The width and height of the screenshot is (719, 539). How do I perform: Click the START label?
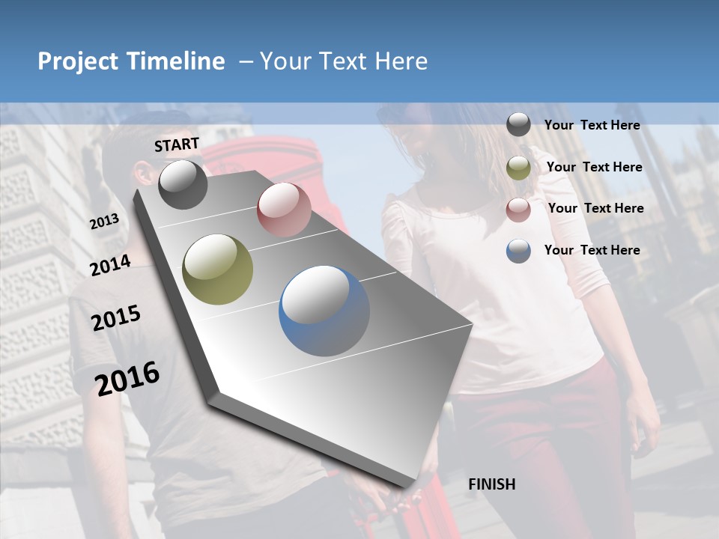coord(177,144)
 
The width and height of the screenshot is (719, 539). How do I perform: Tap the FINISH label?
coord(492,484)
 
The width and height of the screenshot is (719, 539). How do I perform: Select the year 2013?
coord(104,222)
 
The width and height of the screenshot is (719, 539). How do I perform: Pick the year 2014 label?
coord(110,266)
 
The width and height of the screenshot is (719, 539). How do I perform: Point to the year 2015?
coord(116,318)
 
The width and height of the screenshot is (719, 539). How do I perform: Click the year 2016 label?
coord(127,378)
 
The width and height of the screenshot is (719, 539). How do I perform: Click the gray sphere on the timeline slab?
coord(183,184)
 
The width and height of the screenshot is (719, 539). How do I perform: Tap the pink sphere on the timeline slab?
coord(284,210)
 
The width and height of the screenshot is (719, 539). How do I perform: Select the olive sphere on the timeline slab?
coord(218,269)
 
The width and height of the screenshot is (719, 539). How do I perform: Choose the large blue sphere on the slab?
coord(324,311)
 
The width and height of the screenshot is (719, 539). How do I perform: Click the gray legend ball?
coord(518,124)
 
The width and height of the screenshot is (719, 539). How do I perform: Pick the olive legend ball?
coord(518,168)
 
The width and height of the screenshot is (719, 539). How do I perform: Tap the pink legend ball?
coord(518,210)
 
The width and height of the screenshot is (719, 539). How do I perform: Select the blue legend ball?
coord(518,251)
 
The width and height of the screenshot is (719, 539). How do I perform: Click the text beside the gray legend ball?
coord(592,126)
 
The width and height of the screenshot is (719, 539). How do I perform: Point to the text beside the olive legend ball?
coord(594,167)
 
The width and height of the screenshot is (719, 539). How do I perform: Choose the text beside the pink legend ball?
coord(595,208)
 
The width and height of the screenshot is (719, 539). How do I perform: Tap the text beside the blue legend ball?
coord(592,250)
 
